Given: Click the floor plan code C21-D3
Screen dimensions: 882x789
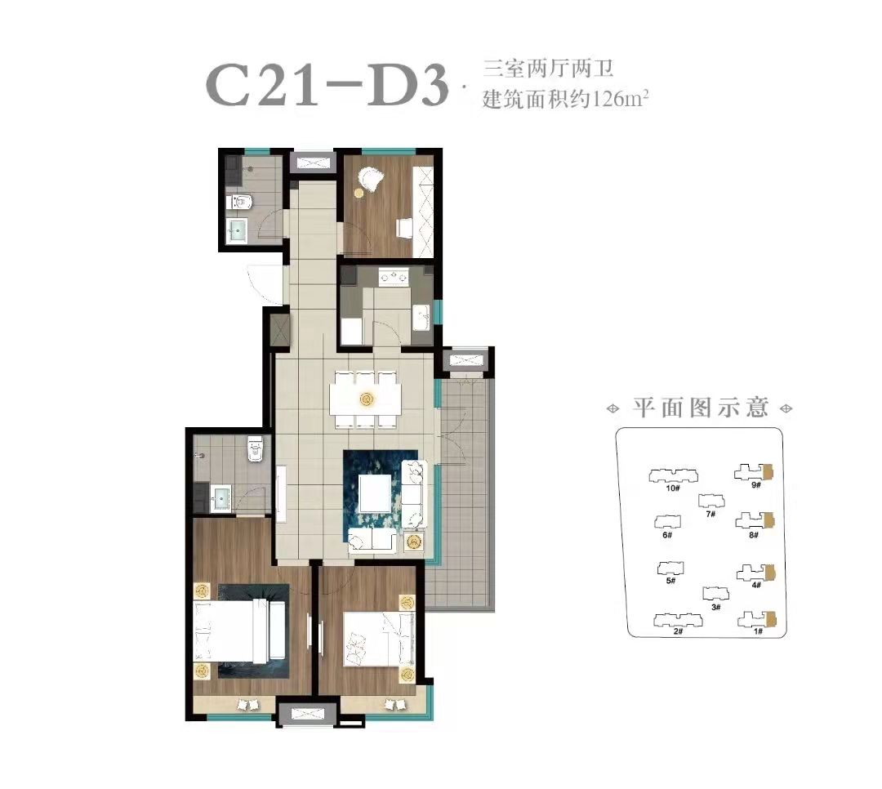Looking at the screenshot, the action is (327, 85).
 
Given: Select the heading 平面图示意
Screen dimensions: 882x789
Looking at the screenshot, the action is (701, 408).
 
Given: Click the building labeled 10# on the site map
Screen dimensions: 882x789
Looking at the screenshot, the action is (673, 476).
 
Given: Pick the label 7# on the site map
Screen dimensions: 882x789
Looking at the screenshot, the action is (710, 514).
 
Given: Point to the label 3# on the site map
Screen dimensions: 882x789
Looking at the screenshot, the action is (716, 607).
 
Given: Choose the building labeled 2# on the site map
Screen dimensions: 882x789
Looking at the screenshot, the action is (679, 620).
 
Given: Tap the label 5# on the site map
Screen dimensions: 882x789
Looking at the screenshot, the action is (670, 582).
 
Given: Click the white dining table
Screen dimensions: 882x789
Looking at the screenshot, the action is (366, 399).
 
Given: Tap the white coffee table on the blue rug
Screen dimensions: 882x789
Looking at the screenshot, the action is (375, 493).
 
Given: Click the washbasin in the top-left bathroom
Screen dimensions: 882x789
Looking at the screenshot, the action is (237, 231).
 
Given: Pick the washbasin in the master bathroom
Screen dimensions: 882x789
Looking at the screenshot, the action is (221, 497).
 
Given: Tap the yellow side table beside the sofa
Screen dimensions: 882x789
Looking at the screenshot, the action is (414, 542).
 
